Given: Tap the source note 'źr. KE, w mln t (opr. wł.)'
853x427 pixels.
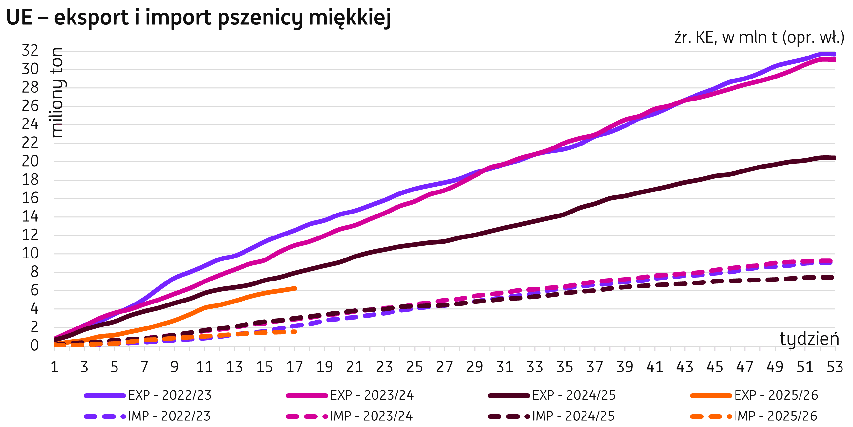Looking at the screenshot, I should click(759, 38).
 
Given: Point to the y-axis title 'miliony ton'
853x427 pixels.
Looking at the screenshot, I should click(58, 93).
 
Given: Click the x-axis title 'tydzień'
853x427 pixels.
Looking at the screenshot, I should click(809, 339).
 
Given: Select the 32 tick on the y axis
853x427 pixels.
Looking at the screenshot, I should click(30, 51).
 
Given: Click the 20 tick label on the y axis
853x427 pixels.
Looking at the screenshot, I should click(30, 162).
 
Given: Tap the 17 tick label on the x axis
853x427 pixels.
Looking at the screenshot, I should click(294, 367).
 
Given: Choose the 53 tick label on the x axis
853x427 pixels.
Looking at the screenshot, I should click(834, 367).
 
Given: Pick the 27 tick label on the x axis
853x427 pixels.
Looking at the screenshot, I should click(444, 367).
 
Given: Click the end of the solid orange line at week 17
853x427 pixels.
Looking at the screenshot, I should click(295, 288).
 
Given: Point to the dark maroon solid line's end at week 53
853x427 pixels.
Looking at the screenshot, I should click(834, 158).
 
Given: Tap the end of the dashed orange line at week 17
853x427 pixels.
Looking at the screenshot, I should click(295, 331).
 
